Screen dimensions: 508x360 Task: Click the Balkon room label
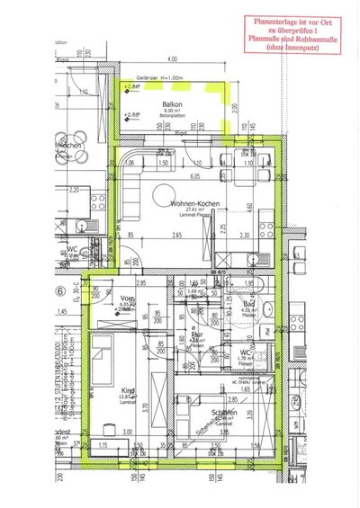[161, 104]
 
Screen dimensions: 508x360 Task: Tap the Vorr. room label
[126, 298]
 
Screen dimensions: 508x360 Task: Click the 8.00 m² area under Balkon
[161, 111]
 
